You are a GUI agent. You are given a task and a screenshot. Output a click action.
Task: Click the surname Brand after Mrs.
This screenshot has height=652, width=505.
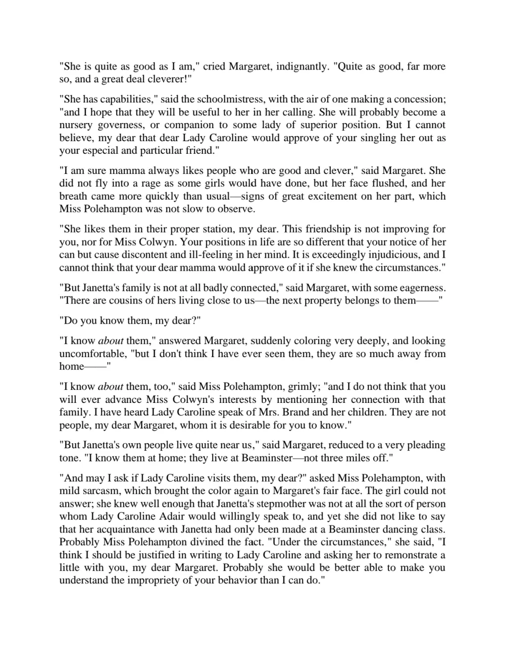(x=294, y=412)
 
